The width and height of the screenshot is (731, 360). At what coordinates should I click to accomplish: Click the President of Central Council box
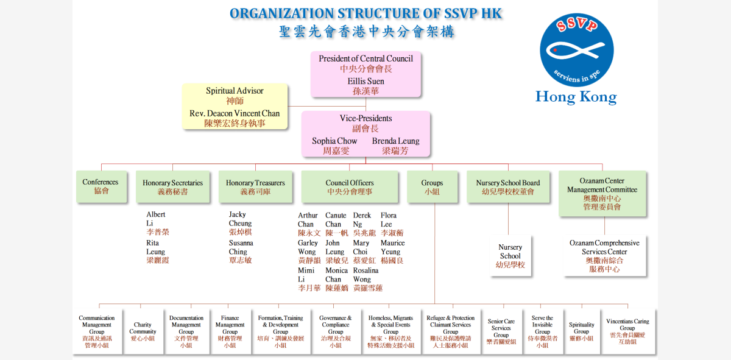[x=365, y=74]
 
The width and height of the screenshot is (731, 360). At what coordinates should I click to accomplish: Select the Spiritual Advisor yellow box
[x=235, y=106]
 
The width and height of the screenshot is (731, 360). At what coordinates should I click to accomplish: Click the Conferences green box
[x=101, y=186]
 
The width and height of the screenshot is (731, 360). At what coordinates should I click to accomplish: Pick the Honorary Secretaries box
[x=173, y=186]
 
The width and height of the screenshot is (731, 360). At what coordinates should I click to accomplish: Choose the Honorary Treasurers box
[x=256, y=186]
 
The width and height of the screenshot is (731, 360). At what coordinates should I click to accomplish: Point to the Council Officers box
[x=350, y=186]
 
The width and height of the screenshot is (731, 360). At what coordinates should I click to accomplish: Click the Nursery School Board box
[x=508, y=186]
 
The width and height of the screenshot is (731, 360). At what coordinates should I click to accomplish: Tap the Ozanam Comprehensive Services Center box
[x=604, y=256]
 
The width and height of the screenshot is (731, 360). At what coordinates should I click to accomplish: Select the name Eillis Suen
[x=365, y=81]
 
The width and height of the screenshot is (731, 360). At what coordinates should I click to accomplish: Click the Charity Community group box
[x=143, y=331]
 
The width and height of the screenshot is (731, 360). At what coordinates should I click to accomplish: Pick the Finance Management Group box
[x=230, y=331]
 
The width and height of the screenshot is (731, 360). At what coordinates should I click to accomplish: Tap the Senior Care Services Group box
[x=501, y=331]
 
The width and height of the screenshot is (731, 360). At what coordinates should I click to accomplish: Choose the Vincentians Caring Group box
[x=627, y=331]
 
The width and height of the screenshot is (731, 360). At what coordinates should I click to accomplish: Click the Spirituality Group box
[x=582, y=331]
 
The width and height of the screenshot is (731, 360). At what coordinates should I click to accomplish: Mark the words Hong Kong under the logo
[x=576, y=97]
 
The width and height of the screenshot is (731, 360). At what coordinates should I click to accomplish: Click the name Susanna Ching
[x=241, y=247]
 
